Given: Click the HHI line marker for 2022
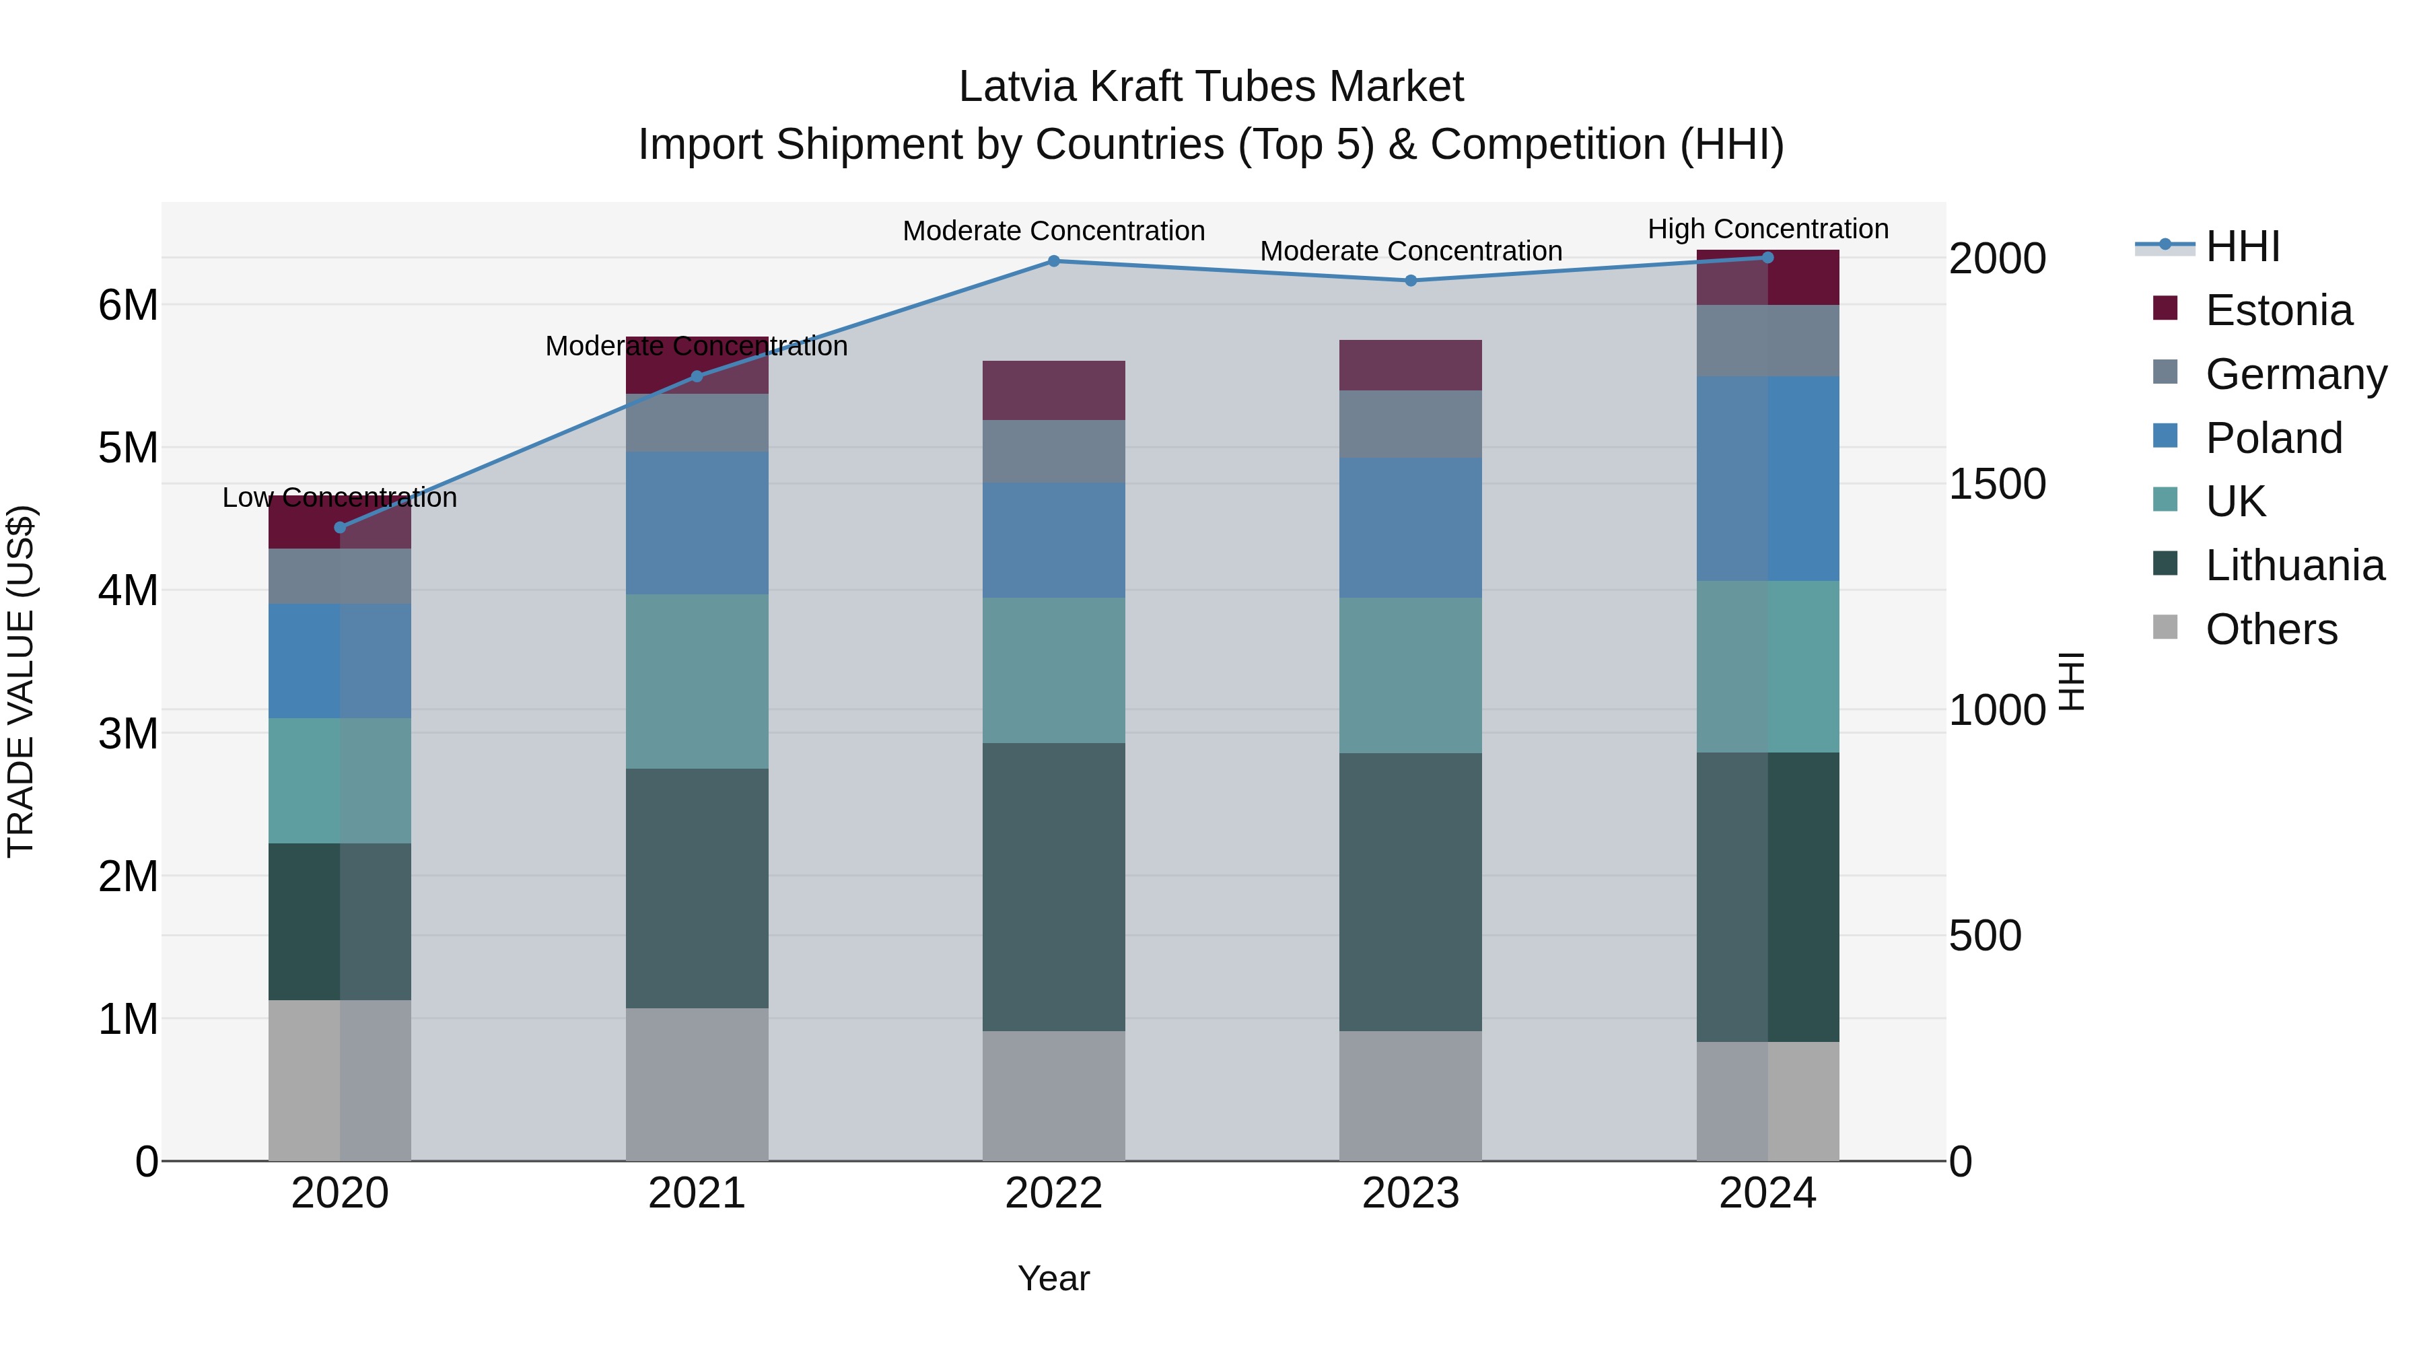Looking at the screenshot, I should point(1053,262).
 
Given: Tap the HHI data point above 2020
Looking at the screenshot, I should point(340,528).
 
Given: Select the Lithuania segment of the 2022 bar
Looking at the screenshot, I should point(1053,887).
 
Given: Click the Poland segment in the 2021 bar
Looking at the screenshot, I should point(697,523).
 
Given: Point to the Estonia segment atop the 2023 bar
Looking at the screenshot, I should point(1410,365).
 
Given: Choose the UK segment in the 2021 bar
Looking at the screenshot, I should point(697,681).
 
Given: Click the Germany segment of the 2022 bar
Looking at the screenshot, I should point(1053,452).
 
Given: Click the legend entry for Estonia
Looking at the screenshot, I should point(2278,310).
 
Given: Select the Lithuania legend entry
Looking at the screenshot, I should point(2294,565).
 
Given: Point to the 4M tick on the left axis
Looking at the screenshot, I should point(129,591).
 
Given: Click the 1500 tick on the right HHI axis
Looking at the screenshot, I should point(1996,485).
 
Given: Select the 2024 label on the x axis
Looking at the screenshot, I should point(1767,1193).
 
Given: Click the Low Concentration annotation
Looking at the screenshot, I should point(340,497).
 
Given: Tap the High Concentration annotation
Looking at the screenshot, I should point(1767,229).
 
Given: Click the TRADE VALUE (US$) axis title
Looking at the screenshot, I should point(21,681).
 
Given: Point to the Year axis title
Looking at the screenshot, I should point(1053,1278).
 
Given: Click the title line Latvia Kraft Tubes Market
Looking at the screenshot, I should point(1211,87).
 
